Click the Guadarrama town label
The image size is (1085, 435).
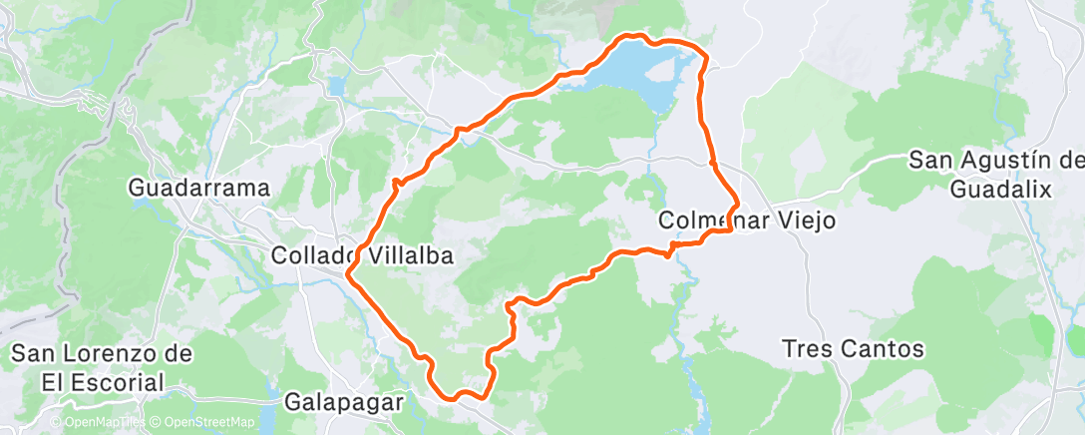pos(200,188)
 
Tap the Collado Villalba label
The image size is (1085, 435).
pos(363,256)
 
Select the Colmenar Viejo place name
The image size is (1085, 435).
pos(747,220)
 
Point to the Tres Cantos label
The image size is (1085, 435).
pos(854,349)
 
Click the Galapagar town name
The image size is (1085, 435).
pos(344,403)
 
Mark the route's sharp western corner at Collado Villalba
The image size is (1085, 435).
pos(348,271)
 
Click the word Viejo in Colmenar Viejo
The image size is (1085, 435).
pos(797,220)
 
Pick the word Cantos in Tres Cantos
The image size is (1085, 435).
pos(888,349)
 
